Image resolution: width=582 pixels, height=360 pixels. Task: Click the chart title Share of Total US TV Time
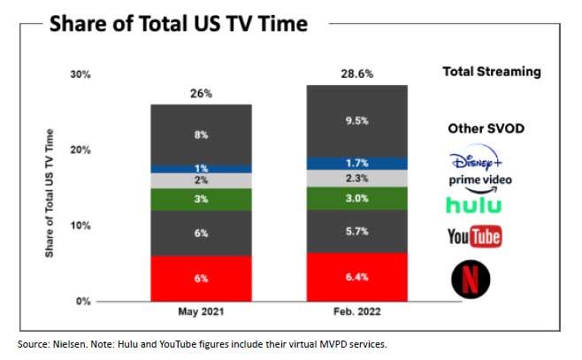179,23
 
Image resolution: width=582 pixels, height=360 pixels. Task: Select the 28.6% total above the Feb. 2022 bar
357,73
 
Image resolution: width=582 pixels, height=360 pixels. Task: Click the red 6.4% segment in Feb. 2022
357,276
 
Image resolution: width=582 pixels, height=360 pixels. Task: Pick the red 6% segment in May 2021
200,278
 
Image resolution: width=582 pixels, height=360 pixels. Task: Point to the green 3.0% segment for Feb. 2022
357,199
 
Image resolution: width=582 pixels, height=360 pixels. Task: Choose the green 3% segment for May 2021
200,199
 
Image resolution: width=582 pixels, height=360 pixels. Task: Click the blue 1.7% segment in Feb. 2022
357,163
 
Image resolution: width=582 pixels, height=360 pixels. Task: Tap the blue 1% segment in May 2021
200,168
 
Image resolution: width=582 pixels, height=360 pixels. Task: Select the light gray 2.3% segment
357,179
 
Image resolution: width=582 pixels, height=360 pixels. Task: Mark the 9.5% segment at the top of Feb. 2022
357,120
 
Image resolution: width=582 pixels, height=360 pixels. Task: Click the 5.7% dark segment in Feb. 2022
357,232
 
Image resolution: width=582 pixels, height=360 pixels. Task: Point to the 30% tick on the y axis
80,74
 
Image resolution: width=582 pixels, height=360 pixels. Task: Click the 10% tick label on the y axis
80,226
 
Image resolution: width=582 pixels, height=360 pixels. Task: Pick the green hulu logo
475,205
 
